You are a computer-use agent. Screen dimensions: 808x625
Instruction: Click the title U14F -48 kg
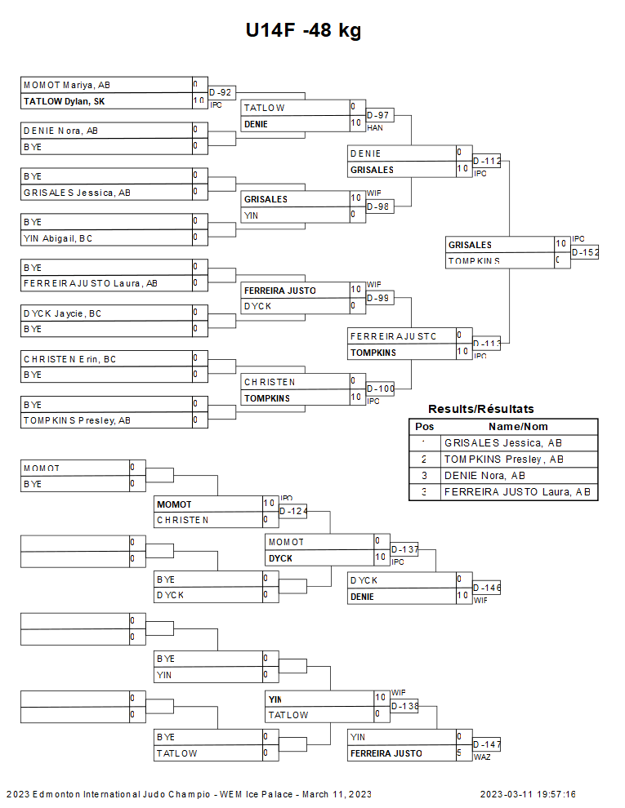303,31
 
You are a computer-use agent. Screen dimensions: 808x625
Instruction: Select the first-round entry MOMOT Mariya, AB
67,85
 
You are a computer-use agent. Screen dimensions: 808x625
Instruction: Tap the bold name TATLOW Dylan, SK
64,101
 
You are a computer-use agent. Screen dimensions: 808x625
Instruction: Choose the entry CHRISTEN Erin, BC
69,359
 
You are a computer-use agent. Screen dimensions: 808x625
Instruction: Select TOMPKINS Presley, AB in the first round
77,420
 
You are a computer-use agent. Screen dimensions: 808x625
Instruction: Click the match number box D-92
221,92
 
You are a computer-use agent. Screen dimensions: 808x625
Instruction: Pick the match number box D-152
585,252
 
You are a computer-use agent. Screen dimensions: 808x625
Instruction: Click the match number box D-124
293,511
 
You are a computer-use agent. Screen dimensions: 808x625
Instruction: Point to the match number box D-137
404,549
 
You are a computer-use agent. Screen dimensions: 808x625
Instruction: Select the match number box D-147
487,744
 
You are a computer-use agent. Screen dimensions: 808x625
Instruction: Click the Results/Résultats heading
481,409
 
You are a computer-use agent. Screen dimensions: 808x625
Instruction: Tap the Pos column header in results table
424,426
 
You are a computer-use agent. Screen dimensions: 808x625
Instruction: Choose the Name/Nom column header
518,426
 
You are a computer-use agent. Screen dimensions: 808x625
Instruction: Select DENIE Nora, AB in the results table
484,475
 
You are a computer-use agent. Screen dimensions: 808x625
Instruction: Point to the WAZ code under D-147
481,757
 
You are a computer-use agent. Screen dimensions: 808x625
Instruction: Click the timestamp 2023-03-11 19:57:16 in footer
528,794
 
